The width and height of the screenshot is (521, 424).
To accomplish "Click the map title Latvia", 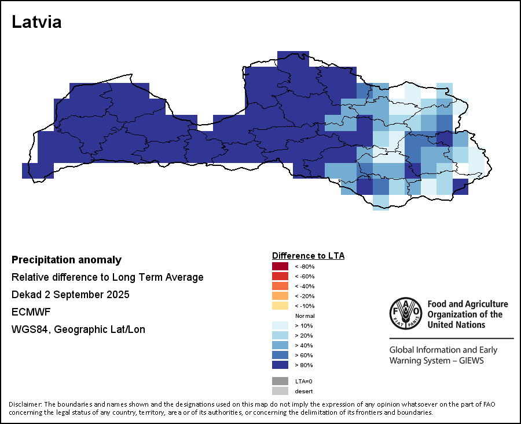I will tap(36, 23).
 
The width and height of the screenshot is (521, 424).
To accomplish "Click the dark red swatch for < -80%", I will tap(280, 266).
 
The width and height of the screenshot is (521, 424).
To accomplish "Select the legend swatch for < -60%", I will tap(280, 276).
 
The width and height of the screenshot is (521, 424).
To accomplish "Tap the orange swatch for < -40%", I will tap(280, 286).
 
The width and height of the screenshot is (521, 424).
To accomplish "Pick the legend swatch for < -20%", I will tap(280, 296).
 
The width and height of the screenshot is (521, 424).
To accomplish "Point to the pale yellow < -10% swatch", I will tap(280, 306).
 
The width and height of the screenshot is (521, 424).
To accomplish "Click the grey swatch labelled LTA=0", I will tap(280, 381).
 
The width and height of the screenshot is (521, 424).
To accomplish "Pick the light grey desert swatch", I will tap(280, 391).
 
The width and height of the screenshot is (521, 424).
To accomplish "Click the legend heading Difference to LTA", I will tap(308, 255).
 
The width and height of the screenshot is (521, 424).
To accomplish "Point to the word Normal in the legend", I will tap(304, 316).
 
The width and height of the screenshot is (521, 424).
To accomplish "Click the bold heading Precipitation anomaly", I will tap(67, 260).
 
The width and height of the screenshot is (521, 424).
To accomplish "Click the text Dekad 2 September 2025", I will tap(70, 295).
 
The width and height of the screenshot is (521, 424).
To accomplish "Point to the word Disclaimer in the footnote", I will tap(25, 404).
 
